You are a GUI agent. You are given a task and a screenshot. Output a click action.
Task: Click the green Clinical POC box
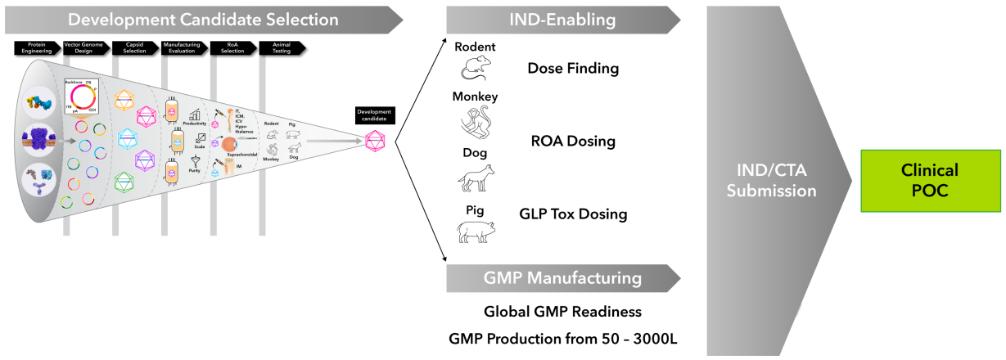click(x=930, y=180)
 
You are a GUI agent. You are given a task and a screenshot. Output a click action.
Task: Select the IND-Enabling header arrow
click(x=562, y=19)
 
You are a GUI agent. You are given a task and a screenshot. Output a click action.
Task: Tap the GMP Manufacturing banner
click(x=562, y=278)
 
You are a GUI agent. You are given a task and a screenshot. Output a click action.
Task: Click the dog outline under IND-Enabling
click(x=476, y=178)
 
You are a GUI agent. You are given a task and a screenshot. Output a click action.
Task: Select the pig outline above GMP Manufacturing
click(x=476, y=232)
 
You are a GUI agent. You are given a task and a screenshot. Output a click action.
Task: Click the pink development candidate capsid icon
click(x=374, y=141)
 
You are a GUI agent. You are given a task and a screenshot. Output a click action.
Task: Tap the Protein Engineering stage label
click(x=37, y=47)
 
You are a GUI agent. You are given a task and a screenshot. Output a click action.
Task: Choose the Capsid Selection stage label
click(x=134, y=47)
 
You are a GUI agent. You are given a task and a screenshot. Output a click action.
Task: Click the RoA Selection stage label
click(x=232, y=47)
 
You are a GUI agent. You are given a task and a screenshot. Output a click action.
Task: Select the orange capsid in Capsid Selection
click(x=124, y=100)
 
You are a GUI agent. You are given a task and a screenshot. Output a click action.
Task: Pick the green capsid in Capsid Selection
click(x=124, y=180)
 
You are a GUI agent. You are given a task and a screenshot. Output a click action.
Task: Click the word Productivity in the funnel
click(x=195, y=124)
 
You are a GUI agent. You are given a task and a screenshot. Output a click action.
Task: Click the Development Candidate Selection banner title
click(x=203, y=19)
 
